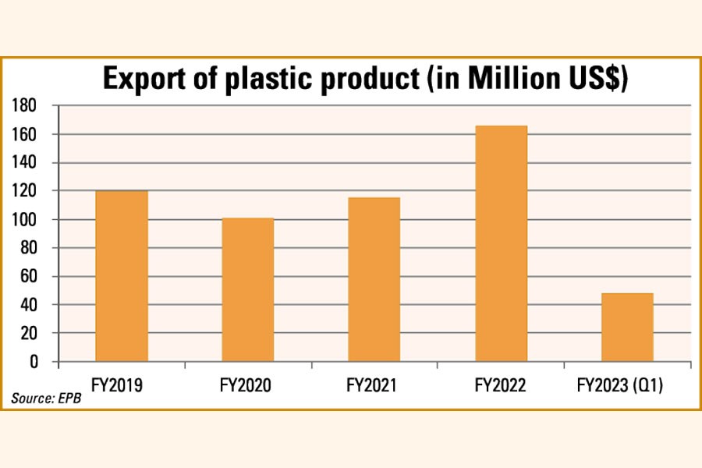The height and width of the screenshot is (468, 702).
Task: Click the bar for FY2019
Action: point(121,276)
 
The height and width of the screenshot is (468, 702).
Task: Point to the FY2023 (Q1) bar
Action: point(627,327)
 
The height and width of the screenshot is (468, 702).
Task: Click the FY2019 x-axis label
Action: point(121,385)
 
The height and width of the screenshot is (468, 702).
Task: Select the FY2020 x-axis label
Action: point(247,385)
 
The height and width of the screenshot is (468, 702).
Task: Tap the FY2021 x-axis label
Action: point(374,385)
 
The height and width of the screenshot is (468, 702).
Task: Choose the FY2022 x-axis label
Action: point(501,385)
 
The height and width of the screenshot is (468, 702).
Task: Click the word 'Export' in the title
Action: point(144,80)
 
